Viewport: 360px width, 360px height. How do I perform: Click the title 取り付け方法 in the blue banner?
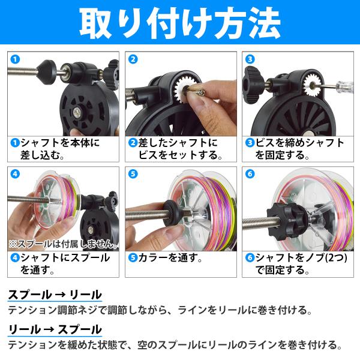click(180, 23)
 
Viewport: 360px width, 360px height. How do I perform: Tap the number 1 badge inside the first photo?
click(15, 59)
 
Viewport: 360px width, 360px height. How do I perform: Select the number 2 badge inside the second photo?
click(133, 59)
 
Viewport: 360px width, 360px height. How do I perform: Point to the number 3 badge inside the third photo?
click(250, 59)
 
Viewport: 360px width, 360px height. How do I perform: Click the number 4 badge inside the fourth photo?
click(15, 174)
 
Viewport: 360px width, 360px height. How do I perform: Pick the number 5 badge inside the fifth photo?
click(133, 174)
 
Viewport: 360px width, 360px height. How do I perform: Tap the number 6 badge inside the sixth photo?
click(250, 174)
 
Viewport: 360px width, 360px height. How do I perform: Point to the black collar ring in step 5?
click(170, 212)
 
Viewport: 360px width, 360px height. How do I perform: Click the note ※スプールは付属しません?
click(63, 244)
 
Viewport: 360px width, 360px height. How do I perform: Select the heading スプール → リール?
click(55, 295)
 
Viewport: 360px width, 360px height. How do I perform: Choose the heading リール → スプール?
click(55, 329)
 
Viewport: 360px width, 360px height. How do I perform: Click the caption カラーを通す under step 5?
click(170, 258)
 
